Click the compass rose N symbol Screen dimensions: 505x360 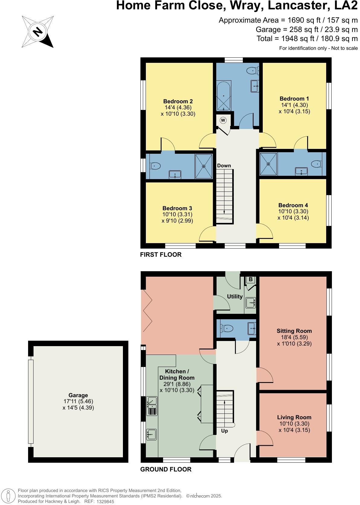(38, 32)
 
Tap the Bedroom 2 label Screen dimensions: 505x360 (178, 101)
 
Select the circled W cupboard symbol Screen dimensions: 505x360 (223, 120)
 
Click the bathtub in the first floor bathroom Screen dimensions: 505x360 (223, 96)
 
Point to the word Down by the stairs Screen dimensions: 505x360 (224, 166)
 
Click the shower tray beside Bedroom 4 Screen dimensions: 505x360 (268, 164)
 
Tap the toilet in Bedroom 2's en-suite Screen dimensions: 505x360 (155, 166)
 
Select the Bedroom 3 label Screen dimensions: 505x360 (177, 208)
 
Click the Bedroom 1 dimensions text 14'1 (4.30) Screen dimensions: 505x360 (294, 105)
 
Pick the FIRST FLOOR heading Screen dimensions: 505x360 (161, 255)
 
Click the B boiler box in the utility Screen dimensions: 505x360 (251, 279)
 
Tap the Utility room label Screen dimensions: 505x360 (235, 297)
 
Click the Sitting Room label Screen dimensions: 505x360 (294, 331)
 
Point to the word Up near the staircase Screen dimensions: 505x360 (224, 431)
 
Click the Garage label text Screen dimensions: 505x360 (78, 395)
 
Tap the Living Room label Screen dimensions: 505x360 (294, 417)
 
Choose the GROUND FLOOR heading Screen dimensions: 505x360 (166, 469)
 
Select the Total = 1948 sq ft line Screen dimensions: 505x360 (307, 39)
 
